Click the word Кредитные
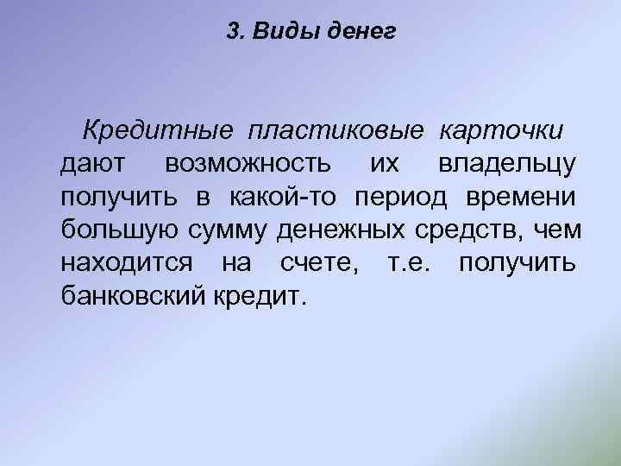click(x=158, y=130)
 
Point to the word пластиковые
click(x=336, y=130)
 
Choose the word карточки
click(x=502, y=130)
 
